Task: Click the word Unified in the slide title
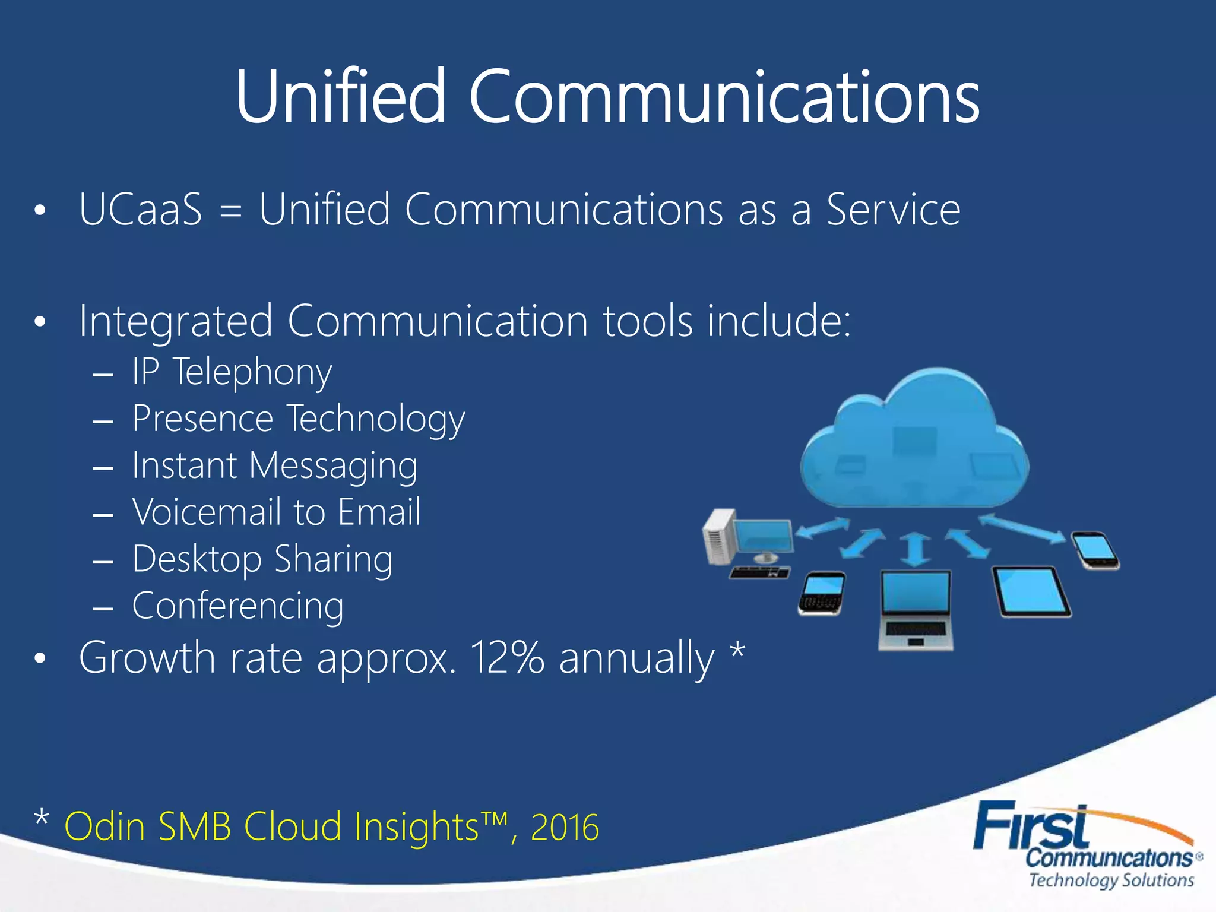(x=340, y=96)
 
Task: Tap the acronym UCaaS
(x=141, y=210)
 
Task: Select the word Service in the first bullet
(x=894, y=210)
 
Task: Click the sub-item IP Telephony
(x=232, y=373)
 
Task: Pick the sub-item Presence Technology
(x=298, y=419)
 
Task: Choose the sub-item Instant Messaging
(x=274, y=465)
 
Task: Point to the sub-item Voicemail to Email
(x=277, y=512)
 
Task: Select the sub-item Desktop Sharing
(x=262, y=559)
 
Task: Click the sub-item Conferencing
(x=237, y=606)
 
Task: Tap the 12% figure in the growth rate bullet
(x=506, y=657)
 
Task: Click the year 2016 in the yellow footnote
(x=565, y=826)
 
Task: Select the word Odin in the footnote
(x=104, y=826)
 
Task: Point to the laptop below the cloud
(x=916, y=609)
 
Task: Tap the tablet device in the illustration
(x=1031, y=592)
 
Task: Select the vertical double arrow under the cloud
(x=915, y=549)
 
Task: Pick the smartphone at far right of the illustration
(x=1095, y=550)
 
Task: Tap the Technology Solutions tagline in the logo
(x=1111, y=880)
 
